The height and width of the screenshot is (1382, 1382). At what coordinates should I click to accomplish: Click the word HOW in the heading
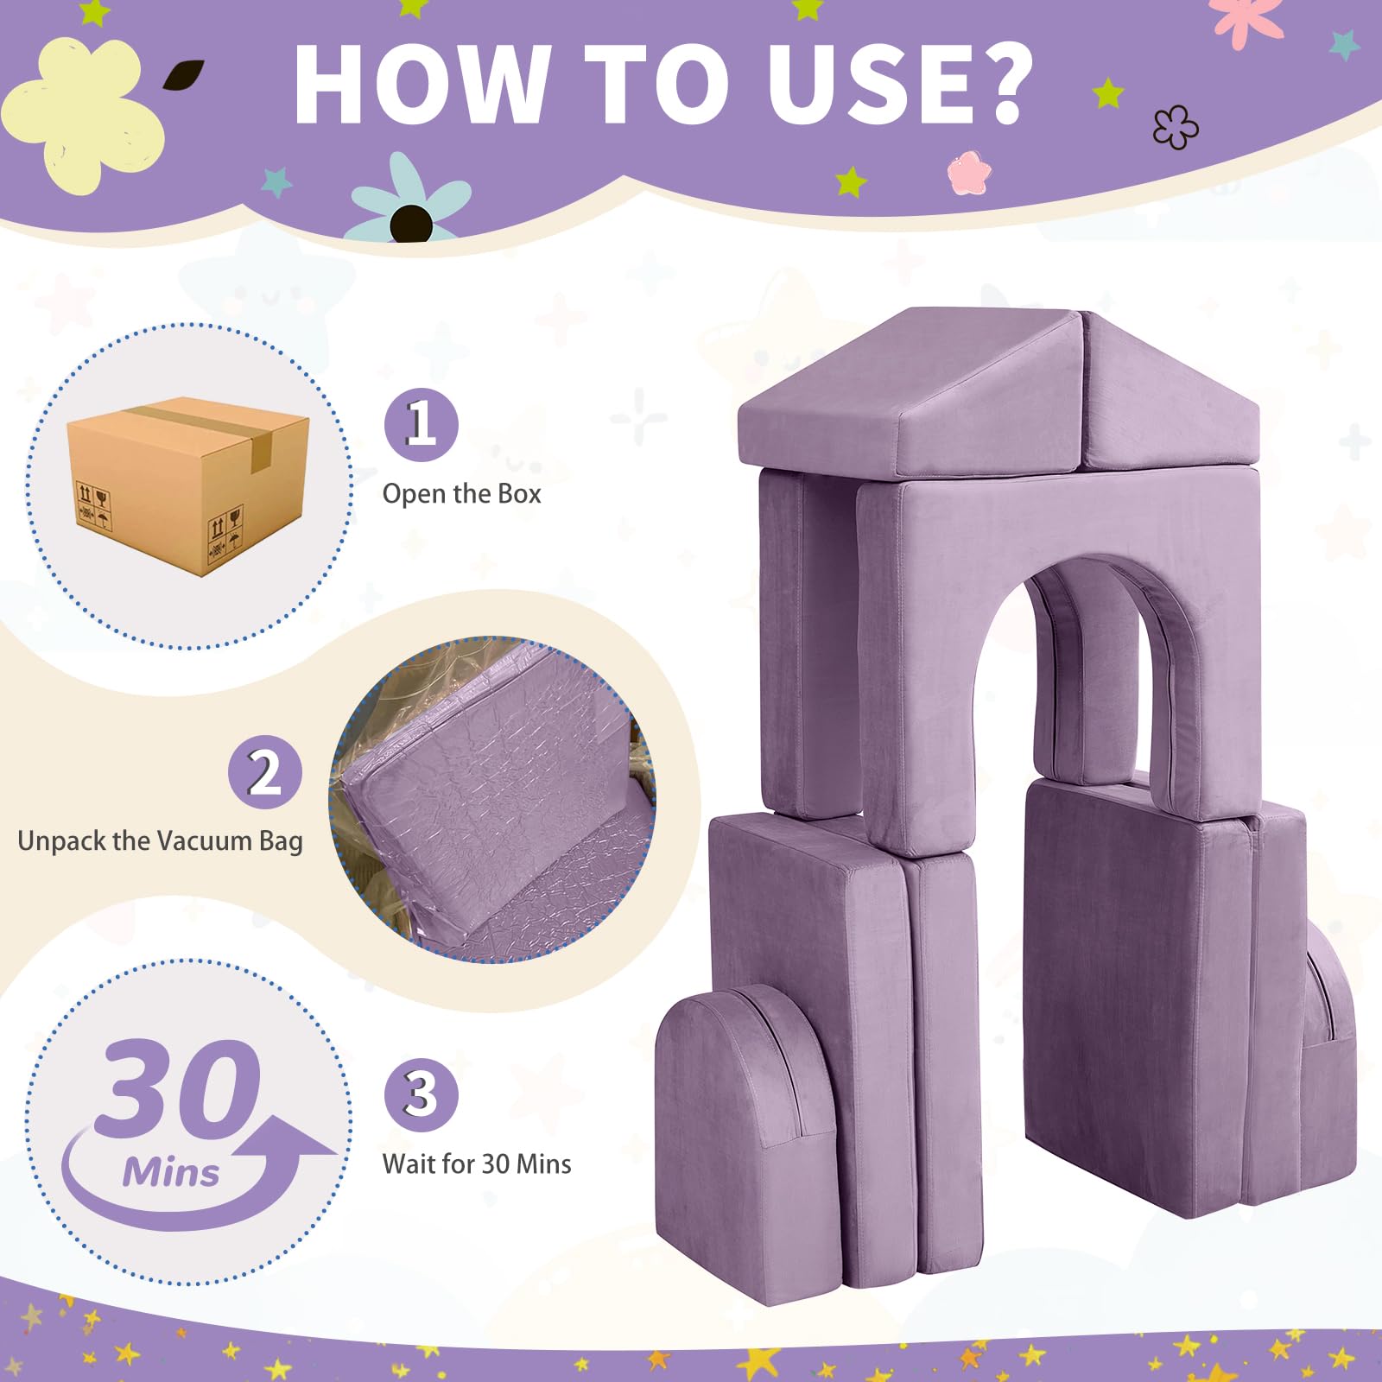click(422, 83)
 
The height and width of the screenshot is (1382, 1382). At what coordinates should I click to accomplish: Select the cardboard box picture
click(188, 485)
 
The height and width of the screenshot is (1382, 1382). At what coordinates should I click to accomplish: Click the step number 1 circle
click(421, 424)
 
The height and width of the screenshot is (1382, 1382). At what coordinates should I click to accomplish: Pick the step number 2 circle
click(265, 772)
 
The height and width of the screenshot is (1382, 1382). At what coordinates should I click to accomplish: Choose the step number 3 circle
click(421, 1094)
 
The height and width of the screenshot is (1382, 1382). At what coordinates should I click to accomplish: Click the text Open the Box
click(461, 494)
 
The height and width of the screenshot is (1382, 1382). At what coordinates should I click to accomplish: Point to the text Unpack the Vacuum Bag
click(160, 841)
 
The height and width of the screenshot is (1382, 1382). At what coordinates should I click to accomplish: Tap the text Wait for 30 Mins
click(477, 1164)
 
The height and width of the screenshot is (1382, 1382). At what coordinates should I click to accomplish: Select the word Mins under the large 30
click(171, 1173)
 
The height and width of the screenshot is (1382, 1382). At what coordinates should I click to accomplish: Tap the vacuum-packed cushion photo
click(492, 799)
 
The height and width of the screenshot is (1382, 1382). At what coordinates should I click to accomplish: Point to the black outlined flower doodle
click(1176, 127)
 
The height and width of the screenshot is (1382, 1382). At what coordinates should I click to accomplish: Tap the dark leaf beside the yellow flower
click(183, 75)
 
